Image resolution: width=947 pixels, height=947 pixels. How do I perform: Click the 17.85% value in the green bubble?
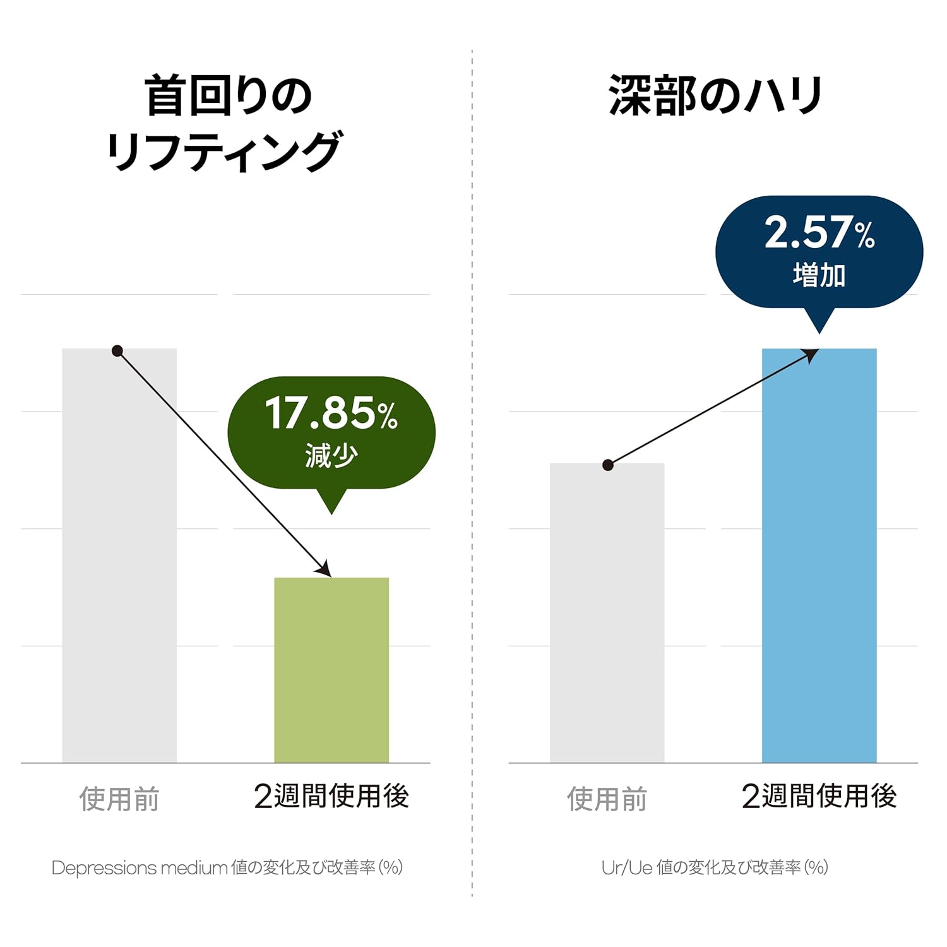[331, 414]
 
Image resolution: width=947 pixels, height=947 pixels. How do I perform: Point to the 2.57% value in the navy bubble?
[819, 232]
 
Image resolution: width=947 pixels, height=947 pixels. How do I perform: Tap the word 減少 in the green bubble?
[331, 455]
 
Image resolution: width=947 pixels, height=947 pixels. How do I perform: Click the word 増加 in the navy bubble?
[819, 275]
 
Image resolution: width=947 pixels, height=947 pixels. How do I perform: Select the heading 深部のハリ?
[715, 96]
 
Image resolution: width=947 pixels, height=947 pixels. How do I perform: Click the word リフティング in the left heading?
[224, 152]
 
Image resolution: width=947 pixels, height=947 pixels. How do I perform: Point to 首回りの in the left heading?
[228, 96]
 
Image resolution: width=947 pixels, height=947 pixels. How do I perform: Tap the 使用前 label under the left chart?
[119, 799]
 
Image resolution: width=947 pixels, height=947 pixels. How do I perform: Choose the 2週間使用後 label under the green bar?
[331, 796]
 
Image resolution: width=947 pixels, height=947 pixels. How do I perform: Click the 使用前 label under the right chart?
[607, 799]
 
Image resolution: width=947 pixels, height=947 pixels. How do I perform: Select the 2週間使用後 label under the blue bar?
[819, 796]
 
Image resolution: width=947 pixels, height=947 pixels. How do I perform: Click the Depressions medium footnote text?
[227, 867]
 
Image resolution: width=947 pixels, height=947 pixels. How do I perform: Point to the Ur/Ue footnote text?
[715, 867]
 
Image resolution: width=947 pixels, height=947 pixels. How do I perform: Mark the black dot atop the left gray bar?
[117, 351]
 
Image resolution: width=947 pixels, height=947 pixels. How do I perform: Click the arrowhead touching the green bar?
[325, 569]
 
